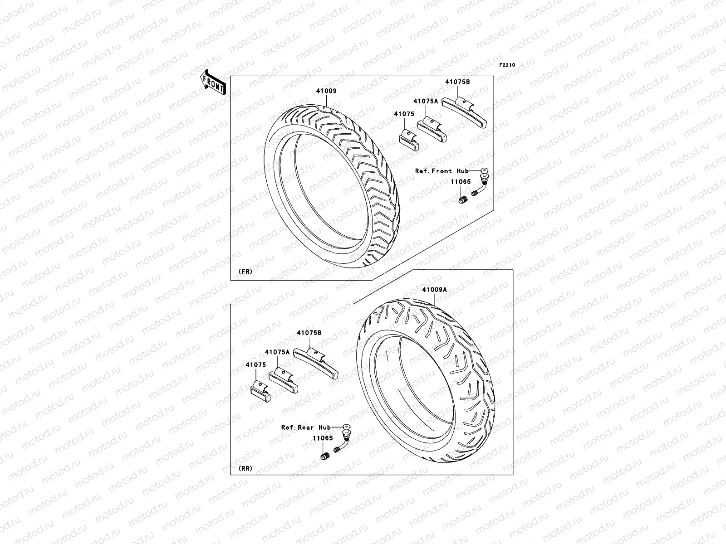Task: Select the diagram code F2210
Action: (507, 65)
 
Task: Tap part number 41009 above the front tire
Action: (326, 91)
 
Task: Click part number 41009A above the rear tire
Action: (434, 290)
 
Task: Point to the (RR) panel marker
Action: (245, 468)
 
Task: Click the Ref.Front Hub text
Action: (442, 171)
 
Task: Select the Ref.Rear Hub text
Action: (306, 427)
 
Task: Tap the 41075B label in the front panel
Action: (457, 82)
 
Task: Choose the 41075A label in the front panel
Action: (425, 101)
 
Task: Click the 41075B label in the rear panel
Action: (309, 332)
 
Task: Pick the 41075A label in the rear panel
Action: (277, 351)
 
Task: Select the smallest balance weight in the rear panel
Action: (260, 391)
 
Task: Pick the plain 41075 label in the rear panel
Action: (255, 364)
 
